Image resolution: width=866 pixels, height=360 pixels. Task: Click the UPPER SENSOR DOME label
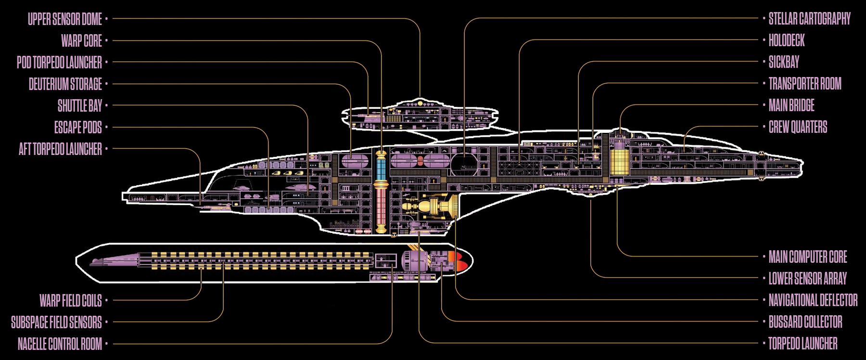point(65,19)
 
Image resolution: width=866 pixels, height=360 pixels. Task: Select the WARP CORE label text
point(81,41)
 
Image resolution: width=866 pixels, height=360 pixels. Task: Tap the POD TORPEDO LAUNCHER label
point(59,63)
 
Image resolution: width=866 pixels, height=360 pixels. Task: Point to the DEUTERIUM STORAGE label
point(65,84)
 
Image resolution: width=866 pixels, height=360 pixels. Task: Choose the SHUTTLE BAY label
point(80,106)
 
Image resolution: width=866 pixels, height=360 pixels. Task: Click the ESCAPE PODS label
point(78,128)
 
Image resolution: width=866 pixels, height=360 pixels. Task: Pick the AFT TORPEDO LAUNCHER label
point(60,149)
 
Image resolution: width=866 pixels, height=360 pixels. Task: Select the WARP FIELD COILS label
point(71,301)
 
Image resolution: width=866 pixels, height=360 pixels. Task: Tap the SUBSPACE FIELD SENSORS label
point(56,322)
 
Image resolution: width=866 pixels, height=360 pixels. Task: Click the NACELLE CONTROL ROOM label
point(60,344)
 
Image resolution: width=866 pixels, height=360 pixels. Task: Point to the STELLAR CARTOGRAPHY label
point(809,19)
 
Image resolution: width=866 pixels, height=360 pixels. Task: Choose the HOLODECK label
point(787,41)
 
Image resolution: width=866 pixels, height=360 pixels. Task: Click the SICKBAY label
point(784,63)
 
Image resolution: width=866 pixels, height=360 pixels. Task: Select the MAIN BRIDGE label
point(791,106)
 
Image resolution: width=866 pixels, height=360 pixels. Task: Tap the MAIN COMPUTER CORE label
point(808,257)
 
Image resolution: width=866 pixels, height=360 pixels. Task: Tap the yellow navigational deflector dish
point(451,206)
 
